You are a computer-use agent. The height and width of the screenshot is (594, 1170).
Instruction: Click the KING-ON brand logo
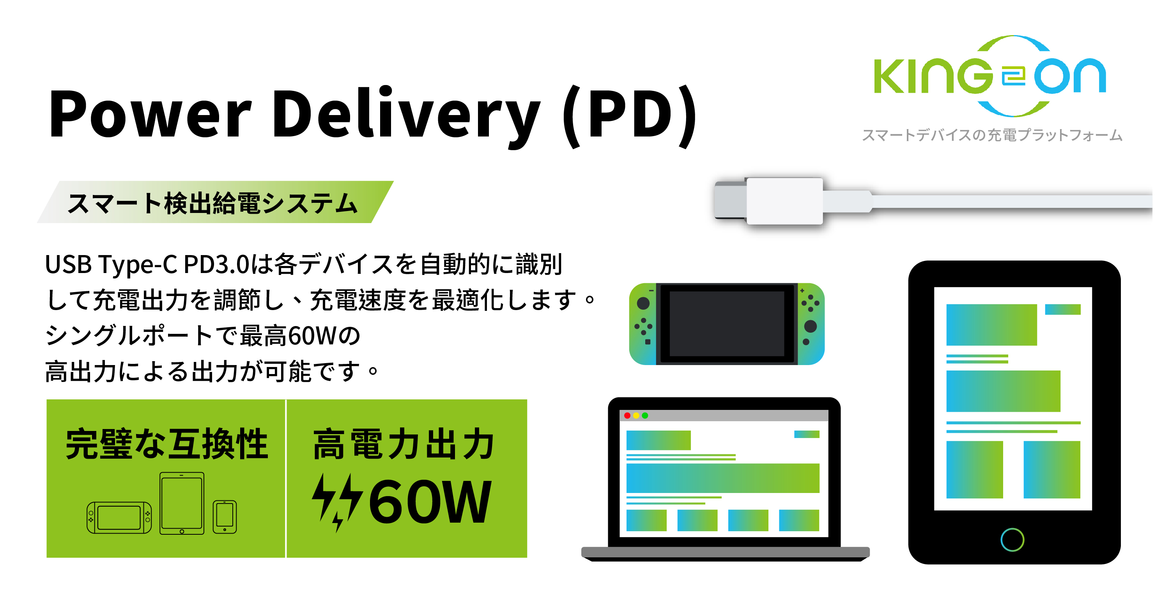point(990,76)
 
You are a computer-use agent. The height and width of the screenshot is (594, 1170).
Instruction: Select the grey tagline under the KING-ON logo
point(992,135)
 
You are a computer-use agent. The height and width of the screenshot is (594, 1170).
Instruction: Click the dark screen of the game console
point(726,324)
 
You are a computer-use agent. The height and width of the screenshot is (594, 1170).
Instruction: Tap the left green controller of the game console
point(643,324)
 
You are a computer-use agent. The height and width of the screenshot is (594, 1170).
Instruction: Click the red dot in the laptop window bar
point(627,415)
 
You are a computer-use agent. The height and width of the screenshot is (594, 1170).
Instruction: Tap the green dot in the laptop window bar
point(645,415)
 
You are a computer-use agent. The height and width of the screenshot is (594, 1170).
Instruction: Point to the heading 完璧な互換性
point(167,444)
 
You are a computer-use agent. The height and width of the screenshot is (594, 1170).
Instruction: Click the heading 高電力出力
point(404,444)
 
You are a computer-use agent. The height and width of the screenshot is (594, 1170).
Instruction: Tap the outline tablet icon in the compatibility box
point(182,503)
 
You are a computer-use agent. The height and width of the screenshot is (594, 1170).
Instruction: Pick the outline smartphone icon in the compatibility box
point(225,517)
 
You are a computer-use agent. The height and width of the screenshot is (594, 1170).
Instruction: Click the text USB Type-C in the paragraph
point(111,264)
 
